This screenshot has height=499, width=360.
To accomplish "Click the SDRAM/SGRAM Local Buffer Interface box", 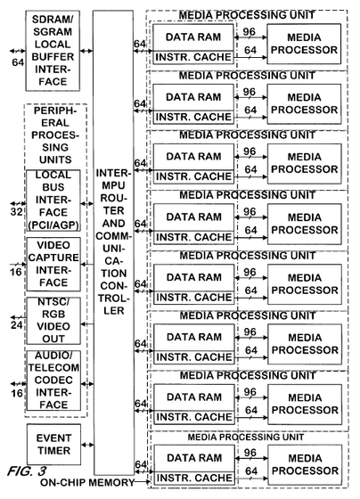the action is pyautogui.click(x=53, y=51).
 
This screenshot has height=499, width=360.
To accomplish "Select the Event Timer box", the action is pyautogui.click(x=53, y=445).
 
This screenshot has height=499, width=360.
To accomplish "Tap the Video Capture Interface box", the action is pyautogui.click(x=53, y=264).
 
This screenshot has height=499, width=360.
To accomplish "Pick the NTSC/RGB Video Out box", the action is pyautogui.click(x=53, y=321).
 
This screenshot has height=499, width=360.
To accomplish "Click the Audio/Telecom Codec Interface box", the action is pyautogui.click(x=53, y=380).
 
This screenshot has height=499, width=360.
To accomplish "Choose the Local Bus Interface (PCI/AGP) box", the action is pyautogui.click(x=53, y=200).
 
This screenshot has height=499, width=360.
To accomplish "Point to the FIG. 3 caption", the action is pyautogui.click(x=27, y=471).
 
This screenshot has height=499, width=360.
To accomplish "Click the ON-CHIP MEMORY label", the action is pyautogui.click(x=87, y=482).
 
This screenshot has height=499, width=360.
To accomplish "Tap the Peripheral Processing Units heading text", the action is pyautogui.click(x=55, y=135).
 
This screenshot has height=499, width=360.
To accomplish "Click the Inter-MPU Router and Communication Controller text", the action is pyautogui.click(x=113, y=241).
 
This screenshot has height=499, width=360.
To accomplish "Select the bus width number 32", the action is pyautogui.click(x=17, y=212).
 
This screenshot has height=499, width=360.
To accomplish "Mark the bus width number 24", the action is pyautogui.click(x=17, y=325).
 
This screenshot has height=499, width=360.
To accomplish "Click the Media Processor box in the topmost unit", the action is pyautogui.click(x=304, y=44).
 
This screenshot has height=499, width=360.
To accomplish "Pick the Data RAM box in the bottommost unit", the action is pyautogui.click(x=194, y=458).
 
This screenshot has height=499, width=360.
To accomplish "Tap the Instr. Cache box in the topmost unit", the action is pyautogui.click(x=193, y=57).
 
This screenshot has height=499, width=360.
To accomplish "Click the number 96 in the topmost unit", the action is pyautogui.click(x=250, y=31).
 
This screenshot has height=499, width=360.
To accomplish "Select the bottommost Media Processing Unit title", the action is pyautogui.click(x=245, y=437).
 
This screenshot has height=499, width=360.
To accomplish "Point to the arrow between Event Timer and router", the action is pyautogui.click(x=87, y=445).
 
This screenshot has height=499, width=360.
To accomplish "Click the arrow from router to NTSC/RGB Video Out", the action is pyautogui.click(x=87, y=324).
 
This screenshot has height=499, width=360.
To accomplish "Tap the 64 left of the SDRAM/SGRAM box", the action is pyautogui.click(x=18, y=62).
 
